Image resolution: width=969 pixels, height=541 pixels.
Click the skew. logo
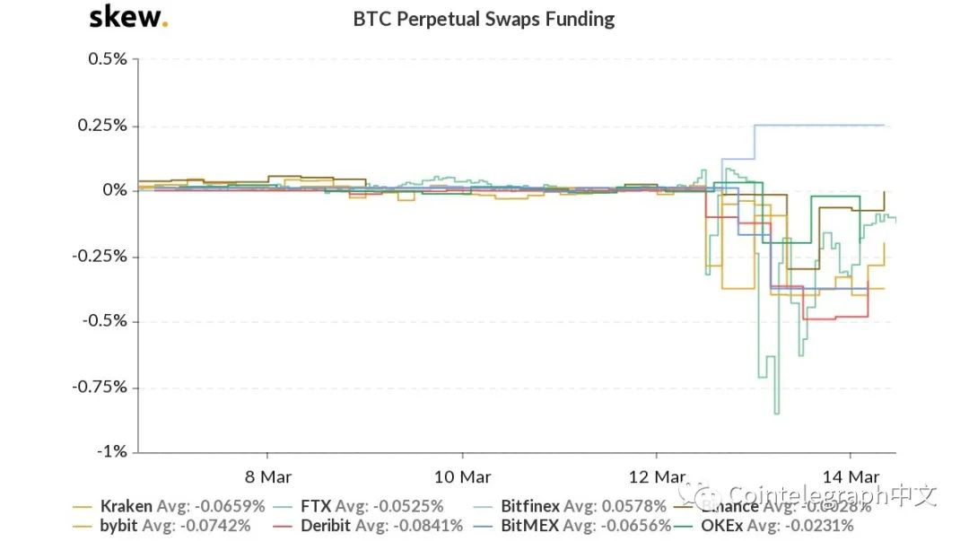(x=128, y=17)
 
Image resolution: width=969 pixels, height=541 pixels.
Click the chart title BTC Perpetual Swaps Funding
(x=484, y=19)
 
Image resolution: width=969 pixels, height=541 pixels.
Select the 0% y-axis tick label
(x=115, y=190)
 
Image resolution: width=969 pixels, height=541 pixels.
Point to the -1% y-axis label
(x=111, y=451)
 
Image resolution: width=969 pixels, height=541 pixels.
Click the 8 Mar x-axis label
(x=267, y=476)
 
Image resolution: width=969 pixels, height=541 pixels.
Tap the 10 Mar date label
(x=461, y=476)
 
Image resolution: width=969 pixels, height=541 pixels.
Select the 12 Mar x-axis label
(x=657, y=476)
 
